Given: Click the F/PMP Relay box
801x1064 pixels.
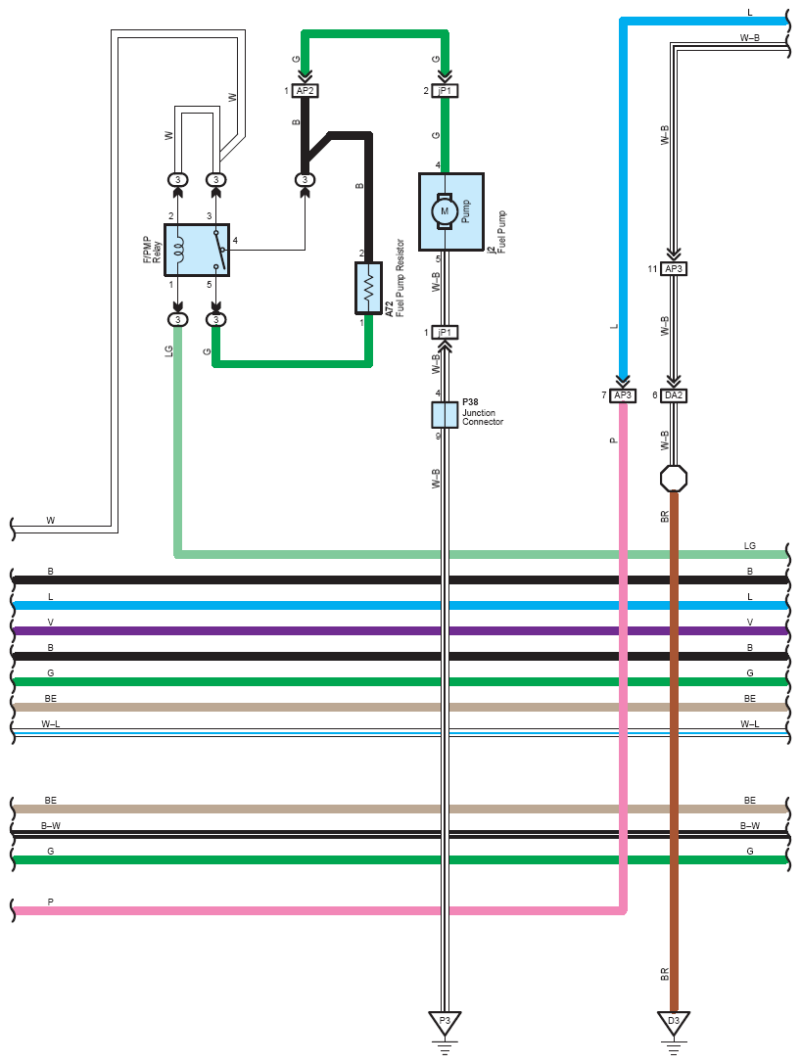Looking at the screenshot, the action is click(197, 250).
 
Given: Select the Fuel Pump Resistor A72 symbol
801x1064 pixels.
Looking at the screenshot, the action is click(368, 289).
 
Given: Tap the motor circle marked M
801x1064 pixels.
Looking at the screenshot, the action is click(445, 211).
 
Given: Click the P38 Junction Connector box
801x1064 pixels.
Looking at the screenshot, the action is click(445, 415).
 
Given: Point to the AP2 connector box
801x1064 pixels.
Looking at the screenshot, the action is click(305, 90).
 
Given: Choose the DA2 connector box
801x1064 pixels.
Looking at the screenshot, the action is click(674, 394).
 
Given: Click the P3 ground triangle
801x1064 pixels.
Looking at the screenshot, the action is click(445, 1023).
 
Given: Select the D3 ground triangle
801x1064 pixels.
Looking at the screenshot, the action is click(674, 1023).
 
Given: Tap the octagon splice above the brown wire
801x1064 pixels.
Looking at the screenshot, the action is click(674, 479).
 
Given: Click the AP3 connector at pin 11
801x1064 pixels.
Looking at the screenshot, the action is click(674, 269).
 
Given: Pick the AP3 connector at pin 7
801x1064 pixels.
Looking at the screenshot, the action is click(623, 394).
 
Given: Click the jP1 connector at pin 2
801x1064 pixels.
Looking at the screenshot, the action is click(445, 90).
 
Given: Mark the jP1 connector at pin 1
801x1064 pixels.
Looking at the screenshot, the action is click(445, 332).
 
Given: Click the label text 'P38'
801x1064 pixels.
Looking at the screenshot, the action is click(470, 401).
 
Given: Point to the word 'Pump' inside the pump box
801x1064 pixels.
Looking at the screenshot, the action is click(466, 211).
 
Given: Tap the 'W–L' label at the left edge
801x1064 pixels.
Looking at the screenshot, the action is click(50, 724).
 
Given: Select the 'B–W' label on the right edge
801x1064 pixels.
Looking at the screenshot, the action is click(749, 826).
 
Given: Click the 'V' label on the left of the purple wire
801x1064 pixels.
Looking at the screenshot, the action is click(50, 623).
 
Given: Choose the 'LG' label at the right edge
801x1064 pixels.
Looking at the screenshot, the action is click(749, 545).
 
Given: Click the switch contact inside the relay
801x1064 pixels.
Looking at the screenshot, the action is click(219, 250).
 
